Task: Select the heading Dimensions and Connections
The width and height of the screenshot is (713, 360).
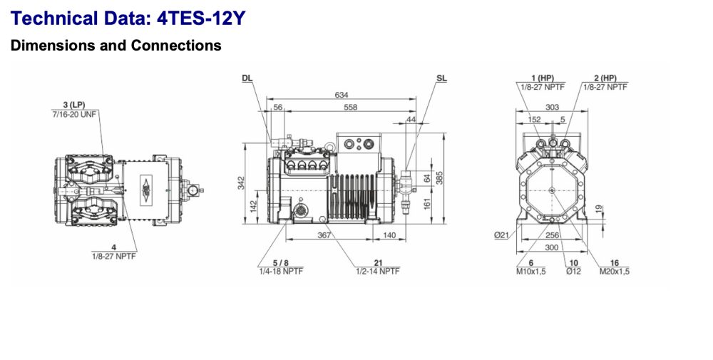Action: coord(116,46)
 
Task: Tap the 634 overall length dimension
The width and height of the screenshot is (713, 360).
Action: coord(343,95)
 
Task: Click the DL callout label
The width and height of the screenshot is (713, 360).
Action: coord(247,78)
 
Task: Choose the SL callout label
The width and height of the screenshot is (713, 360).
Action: coord(441,78)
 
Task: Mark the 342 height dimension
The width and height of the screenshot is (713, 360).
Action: coord(241,182)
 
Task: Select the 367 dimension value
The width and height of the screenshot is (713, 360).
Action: coord(324,235)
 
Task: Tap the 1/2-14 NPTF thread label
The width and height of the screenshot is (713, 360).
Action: coord(377,271)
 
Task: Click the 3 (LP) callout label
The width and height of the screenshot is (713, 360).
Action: coord(75,106)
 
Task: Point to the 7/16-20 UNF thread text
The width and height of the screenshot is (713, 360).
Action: coord(75,114)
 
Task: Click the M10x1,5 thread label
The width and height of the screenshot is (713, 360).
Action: coord(531,271)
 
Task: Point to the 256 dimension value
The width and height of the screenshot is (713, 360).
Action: coord(552,235)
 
